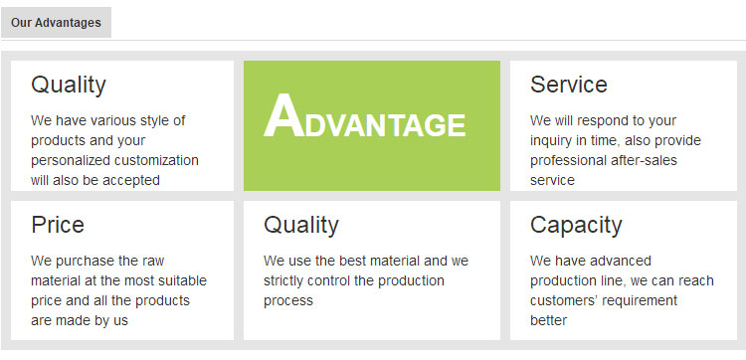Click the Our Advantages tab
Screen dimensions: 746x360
[56, 22]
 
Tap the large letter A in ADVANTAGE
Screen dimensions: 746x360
[284, 115]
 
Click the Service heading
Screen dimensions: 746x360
[569, 85]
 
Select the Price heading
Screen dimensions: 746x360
[58, 225]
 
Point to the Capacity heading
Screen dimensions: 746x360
[576, 226]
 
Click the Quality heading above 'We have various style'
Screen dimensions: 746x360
[69, 86]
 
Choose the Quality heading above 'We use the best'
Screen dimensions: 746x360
[301, 226]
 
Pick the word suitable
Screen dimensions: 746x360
[183, 280]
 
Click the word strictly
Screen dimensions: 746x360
[283, 281]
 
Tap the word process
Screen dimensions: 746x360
[288, 301]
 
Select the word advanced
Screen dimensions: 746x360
[620, 261]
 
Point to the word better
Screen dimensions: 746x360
[548, 320]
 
